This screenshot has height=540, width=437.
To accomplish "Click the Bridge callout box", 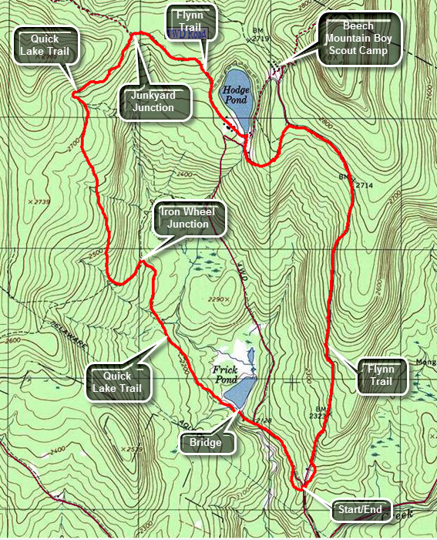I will coord(206,443).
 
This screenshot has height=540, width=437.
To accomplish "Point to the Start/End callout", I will coord(361,509).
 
